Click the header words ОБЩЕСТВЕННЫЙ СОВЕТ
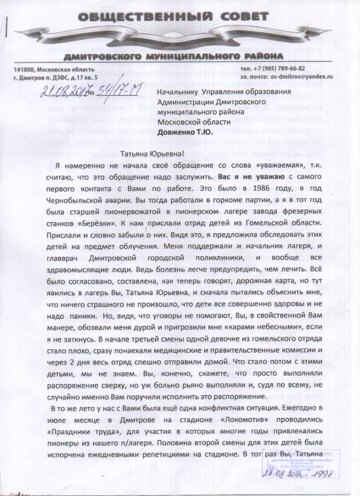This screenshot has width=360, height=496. (172, 17)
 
